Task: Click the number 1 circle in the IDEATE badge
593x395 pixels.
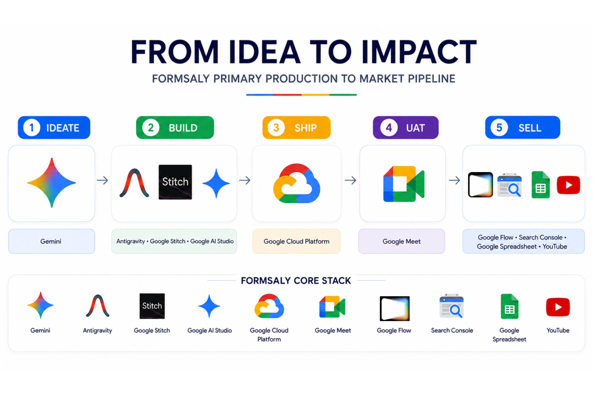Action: click(x=32, y=128)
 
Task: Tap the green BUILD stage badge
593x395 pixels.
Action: click(x=175, y=127)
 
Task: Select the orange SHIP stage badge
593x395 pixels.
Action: click(x=296, y=127)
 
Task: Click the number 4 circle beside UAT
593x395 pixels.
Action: click(x=389, y=128)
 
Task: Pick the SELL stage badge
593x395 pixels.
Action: click(x=523, y=127)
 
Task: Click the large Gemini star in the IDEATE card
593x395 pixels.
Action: click(x=52, y=183)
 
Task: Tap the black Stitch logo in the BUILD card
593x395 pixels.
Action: click(x=175, y=182)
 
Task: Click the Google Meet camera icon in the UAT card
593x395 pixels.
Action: click(x=404, y=184)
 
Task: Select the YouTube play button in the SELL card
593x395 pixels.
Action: click(x=568, y=185)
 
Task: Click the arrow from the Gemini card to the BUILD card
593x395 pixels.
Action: click(x=102, y=180)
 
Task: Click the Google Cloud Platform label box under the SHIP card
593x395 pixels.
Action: click(x=296, y=241)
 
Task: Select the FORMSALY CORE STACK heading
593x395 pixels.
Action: click(x=296, y=280)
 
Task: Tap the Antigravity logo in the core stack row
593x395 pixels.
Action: click(x=98, y=306)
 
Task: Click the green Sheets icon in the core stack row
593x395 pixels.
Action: click(x=510, y=306)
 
